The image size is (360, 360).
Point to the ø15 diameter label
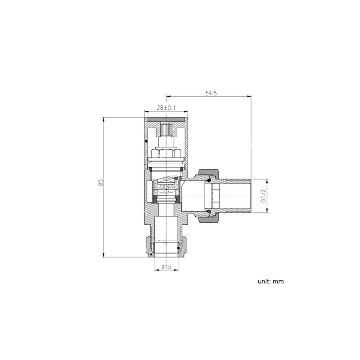pyautogui.click(x=166, y=267)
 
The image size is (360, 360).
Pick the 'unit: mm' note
pyautogui.click(x=271, y=281)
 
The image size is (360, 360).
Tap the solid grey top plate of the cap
pyautogui.click(x=165, y=120)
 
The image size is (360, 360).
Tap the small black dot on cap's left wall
pyautogui.click(x=145, y=142)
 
